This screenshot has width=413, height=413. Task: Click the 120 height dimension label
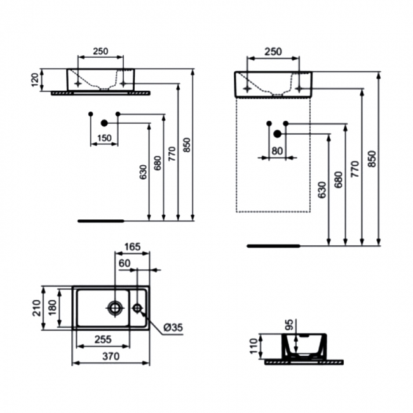36,80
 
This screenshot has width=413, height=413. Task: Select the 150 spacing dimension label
104,138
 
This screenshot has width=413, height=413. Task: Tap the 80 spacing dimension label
277,151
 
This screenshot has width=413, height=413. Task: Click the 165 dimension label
133,247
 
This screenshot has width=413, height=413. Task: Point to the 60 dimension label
125,263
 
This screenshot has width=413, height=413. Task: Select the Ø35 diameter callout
173,327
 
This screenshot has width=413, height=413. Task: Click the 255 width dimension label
103,339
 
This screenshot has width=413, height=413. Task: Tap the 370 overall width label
111,356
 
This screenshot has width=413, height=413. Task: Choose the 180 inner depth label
52,308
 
